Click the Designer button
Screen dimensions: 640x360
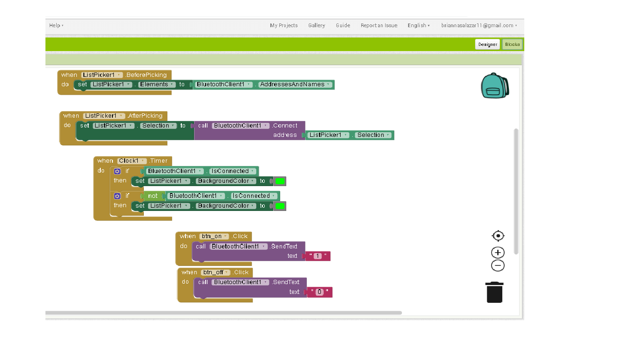click(487, 45)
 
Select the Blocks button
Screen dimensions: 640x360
click(512, 45)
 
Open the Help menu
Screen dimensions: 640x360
click(56, 25)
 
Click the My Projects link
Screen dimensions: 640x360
click(283, 25)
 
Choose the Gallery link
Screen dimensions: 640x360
click(316, 25)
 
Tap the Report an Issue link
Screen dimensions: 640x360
click(379, 25)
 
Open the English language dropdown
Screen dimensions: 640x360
click(418, 25)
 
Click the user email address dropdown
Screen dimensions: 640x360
click(479, 25)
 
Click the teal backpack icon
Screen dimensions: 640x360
click(494, 86)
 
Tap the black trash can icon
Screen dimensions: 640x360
click(494, 292)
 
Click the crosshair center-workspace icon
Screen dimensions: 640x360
click(498, 236)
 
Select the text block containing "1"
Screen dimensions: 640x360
click(318, 256)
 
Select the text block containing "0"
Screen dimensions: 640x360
click(320, 292)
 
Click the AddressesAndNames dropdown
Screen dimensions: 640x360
click(295, 84)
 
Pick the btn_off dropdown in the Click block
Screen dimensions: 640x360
click(216, 272)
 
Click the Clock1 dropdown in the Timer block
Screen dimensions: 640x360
click(132, 161)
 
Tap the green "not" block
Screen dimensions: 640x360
click(153, 196)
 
